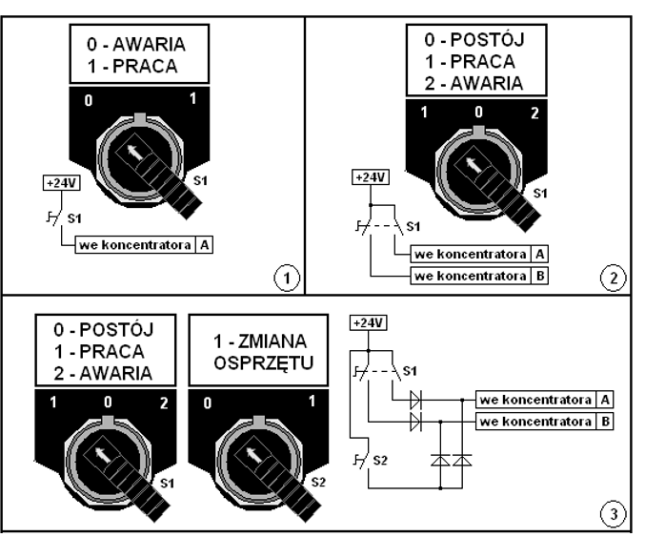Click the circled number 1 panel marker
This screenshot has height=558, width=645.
pos(287,279)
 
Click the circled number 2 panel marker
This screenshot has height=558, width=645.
pos(613,279)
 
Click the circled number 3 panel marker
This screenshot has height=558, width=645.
pos(613,513)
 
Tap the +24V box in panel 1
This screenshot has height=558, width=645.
pos(61,183)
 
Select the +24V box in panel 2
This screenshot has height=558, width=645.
pos(371,177)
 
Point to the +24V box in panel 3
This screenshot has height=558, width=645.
pos(368,322)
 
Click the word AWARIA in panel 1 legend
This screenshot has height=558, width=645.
pos(149,45)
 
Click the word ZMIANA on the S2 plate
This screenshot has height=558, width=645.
pos(272,341)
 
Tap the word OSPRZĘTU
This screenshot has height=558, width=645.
pos(264,363)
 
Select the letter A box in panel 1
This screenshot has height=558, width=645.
pos(204,245)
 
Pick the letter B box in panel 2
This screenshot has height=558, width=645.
pos(539,276)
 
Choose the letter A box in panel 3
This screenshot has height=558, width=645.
pos(605,400)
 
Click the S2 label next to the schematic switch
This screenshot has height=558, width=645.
pos(380,460)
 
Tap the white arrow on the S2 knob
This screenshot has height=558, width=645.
pos(253,454)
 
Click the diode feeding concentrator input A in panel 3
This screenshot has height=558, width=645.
pos(415,400)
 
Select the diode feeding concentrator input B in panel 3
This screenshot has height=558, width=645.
pos(415,422)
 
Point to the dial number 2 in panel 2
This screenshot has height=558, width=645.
pos(534,113)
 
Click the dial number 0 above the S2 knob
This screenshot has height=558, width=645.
pos(208,403)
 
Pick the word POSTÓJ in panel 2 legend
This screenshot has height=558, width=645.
pos(487,39)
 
